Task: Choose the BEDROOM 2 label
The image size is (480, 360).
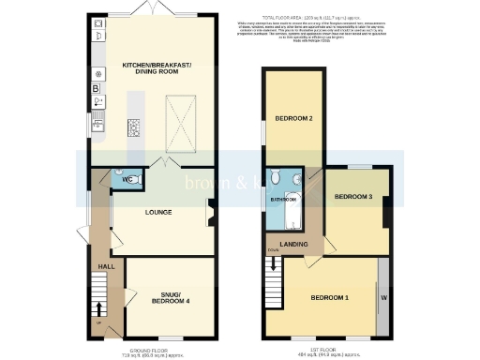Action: coord(293,118)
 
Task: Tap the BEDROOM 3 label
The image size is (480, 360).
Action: coord(353,197)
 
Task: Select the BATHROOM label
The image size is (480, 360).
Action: coord(283,200)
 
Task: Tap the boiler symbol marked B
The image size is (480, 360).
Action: coord(96,88)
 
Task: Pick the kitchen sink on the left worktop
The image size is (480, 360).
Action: coord(97,120)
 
